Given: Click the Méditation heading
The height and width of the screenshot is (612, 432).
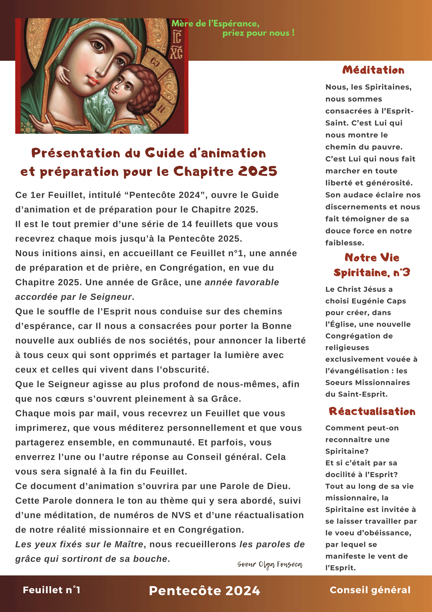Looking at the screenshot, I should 373,70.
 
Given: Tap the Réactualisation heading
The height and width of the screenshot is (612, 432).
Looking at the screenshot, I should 372,412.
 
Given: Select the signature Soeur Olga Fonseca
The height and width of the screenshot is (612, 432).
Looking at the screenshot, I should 270,564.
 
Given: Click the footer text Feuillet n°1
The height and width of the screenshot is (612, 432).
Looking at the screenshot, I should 51,590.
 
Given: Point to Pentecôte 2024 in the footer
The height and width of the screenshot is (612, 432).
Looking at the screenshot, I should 204,591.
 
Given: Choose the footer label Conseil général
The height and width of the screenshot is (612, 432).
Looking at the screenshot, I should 370,590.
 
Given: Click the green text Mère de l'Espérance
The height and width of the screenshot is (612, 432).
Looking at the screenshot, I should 215,24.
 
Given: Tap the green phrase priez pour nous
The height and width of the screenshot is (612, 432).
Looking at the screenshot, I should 258,33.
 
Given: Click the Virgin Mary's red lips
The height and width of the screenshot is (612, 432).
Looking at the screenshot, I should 93,81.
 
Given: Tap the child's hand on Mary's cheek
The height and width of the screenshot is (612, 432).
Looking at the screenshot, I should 63,74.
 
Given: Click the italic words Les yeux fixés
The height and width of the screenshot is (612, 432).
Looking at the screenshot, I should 49,544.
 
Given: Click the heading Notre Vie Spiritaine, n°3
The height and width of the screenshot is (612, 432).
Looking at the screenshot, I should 372,265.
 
